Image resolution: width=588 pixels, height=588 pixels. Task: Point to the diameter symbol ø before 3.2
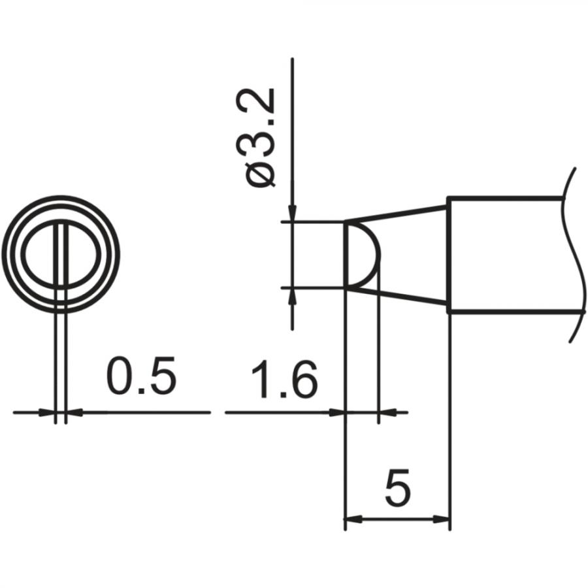262,175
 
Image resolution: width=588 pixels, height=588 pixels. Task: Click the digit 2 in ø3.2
262,102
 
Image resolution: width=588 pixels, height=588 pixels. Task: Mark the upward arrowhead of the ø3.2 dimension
292,295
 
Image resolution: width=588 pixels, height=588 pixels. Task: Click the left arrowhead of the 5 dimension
352,520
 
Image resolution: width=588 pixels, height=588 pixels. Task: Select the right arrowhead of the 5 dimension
442,520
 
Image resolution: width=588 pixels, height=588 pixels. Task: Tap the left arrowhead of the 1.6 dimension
336,412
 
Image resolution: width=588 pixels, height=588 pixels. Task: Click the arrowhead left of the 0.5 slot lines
47,412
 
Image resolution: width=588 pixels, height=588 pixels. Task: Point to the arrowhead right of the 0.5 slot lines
74,412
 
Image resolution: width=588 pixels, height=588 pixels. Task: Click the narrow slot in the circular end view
61,255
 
